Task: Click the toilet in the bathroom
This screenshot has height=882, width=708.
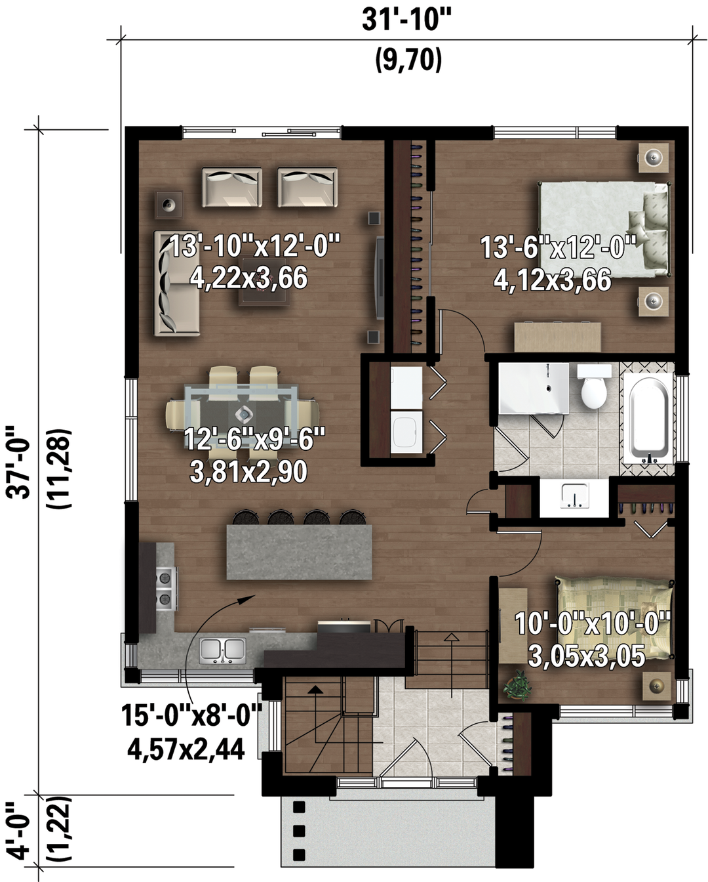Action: pos(594,386)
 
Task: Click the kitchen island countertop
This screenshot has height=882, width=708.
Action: pos(300,552)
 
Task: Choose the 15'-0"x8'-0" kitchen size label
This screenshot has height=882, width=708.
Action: pos(191,715)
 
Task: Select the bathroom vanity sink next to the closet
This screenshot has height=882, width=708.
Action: pos(575,495)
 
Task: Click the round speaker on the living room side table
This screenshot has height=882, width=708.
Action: pos(168,203)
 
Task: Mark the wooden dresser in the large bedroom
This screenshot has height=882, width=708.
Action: pos(558,337)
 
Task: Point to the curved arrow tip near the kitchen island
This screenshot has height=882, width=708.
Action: pos(255,595)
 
